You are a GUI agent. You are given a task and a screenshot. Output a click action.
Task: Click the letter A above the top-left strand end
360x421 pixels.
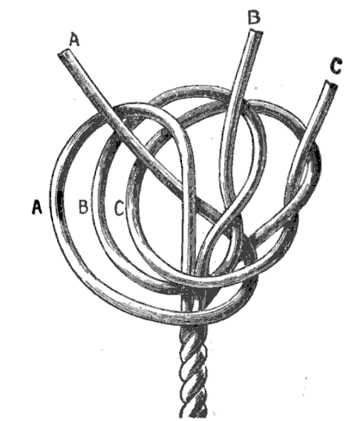[x=74, y=40]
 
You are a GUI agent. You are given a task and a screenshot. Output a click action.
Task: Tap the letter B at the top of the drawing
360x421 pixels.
[x=254, y=17]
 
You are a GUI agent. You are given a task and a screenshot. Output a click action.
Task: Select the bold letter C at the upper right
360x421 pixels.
[x=336, y=67]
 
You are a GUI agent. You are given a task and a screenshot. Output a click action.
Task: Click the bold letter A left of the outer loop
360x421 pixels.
[x=37, y=207]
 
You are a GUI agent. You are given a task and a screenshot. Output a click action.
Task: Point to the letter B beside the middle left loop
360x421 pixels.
[x=83, y=206]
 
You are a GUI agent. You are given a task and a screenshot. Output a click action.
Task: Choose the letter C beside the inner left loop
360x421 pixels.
[x=120, y=209]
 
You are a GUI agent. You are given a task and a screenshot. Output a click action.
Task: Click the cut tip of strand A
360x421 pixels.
[x=64, y=53]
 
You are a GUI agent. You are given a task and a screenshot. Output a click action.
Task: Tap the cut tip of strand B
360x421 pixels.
[x=256, y=33]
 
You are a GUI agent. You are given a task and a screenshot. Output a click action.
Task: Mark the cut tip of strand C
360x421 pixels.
[x=332, y=84]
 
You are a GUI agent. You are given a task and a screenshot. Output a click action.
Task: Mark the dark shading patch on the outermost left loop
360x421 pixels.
[x=59, y=201]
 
